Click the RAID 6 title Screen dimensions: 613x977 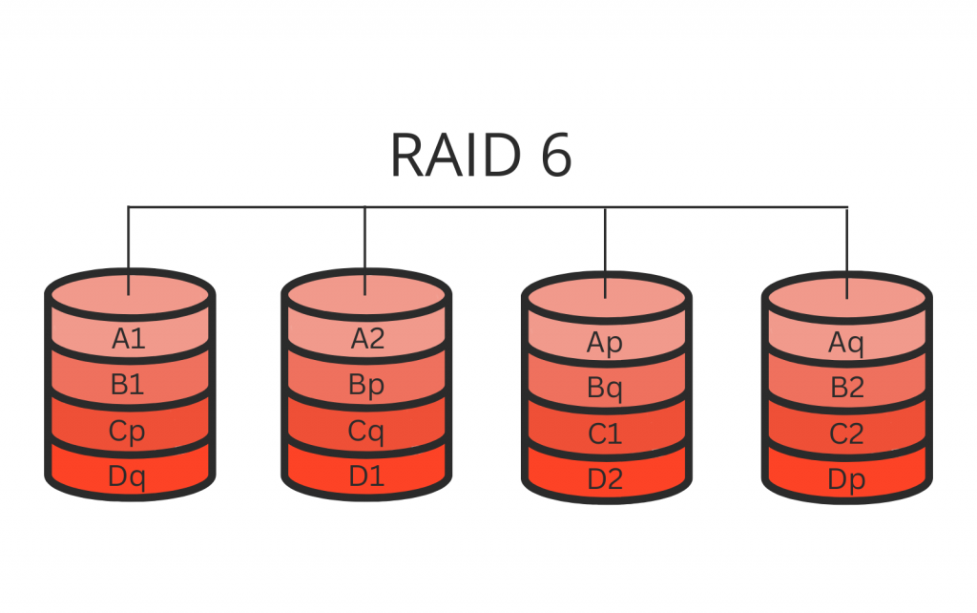481,155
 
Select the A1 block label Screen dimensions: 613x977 129,339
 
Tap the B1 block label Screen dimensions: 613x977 128,386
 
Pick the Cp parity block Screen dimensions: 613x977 128,432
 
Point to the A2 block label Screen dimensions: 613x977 367,339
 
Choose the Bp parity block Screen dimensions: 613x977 367,386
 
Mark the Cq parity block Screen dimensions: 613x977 367,432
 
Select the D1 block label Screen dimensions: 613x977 367,476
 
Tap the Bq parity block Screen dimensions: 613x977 606,389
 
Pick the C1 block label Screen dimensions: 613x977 606,434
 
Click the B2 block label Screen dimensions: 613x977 846,389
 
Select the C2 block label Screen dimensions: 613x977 846,434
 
